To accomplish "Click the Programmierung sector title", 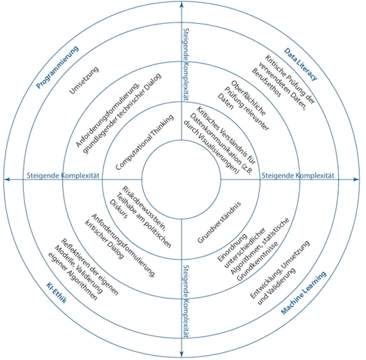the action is [57, 67].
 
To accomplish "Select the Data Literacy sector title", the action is [300, 64].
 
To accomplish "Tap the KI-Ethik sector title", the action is [57, 292].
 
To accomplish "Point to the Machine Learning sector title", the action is [303, 293].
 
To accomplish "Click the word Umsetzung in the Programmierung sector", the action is [84, 80].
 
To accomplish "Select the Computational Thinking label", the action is [145, 142].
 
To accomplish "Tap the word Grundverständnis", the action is [219, 222].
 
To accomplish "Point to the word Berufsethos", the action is [267, 82].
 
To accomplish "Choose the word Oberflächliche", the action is [249, 98].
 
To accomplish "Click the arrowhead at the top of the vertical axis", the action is [182, 4].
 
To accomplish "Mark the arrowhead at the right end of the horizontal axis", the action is [356, 180].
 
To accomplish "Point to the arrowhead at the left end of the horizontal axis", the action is [7, 180].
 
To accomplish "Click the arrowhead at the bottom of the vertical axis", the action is [182, 354].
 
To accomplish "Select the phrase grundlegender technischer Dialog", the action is [122, 114].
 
